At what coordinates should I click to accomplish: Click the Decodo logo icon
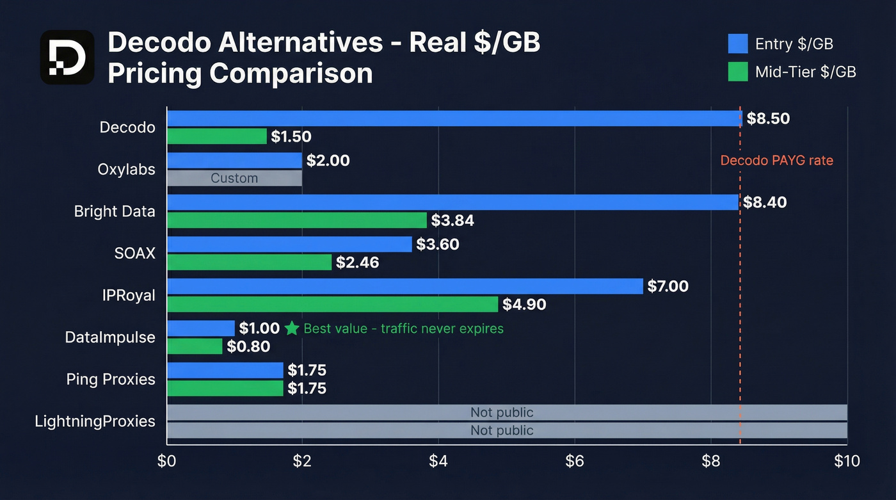coord(67,57)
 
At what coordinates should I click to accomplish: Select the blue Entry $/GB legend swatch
coord(738,44)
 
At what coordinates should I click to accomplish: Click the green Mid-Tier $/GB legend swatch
coord(738,72)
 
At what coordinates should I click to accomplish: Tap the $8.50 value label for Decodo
coord(768,118)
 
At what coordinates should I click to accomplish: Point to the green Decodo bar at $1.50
coord(217,136)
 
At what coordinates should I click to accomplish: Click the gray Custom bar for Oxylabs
coord(234,178)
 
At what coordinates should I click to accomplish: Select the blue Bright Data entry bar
coord(452,202)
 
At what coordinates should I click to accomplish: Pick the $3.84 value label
coord(452,221)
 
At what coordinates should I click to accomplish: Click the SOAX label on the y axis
coord(135,253)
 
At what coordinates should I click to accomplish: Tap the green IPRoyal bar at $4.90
coord(332,304)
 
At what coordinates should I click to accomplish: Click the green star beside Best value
coord(292,328)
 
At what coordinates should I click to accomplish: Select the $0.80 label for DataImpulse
coord(248,346)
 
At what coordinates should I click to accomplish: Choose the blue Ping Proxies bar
coord(225,370)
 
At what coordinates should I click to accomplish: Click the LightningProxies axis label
coord(95,421)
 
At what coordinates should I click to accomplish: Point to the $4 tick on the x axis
coord(438,461)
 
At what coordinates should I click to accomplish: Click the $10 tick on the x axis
coord(846,461)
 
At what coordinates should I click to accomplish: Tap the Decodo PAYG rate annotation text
coord(776,160)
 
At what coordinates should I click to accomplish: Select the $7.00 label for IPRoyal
coord(668,286)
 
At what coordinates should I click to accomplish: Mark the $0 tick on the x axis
coord(166,461)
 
